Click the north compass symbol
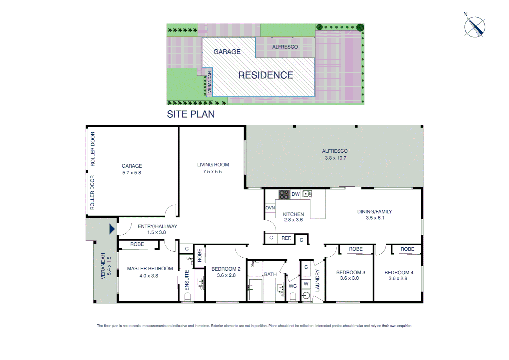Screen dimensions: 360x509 pos(475,27)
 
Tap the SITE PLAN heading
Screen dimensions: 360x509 pos(191,114)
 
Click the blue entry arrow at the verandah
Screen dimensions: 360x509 pos(112,229)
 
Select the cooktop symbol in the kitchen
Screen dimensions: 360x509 pos(284,194)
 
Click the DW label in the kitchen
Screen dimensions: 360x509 pos(295,194)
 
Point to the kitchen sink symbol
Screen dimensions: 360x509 pos(307,194)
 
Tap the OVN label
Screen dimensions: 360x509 pos(270,208)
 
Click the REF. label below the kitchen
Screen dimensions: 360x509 pos(286,238)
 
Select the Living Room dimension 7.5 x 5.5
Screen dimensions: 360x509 pos(212,172)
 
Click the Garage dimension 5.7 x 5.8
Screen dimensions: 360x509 pos(132,173)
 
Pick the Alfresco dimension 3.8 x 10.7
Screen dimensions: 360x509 pos(335,158)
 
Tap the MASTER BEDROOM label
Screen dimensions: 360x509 pos(150,268)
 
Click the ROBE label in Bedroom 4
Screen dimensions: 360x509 pos(407,249)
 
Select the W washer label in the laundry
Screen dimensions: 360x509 pos(306,283)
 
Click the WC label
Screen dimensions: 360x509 pos(292,286)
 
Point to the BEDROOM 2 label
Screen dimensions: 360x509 pos(226,269)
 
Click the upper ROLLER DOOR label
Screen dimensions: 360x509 pos(93,149)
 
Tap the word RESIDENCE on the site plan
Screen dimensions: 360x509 pos(265,75)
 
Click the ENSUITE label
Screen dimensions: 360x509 pos(187,280)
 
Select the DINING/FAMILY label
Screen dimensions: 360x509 pos(374,212)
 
